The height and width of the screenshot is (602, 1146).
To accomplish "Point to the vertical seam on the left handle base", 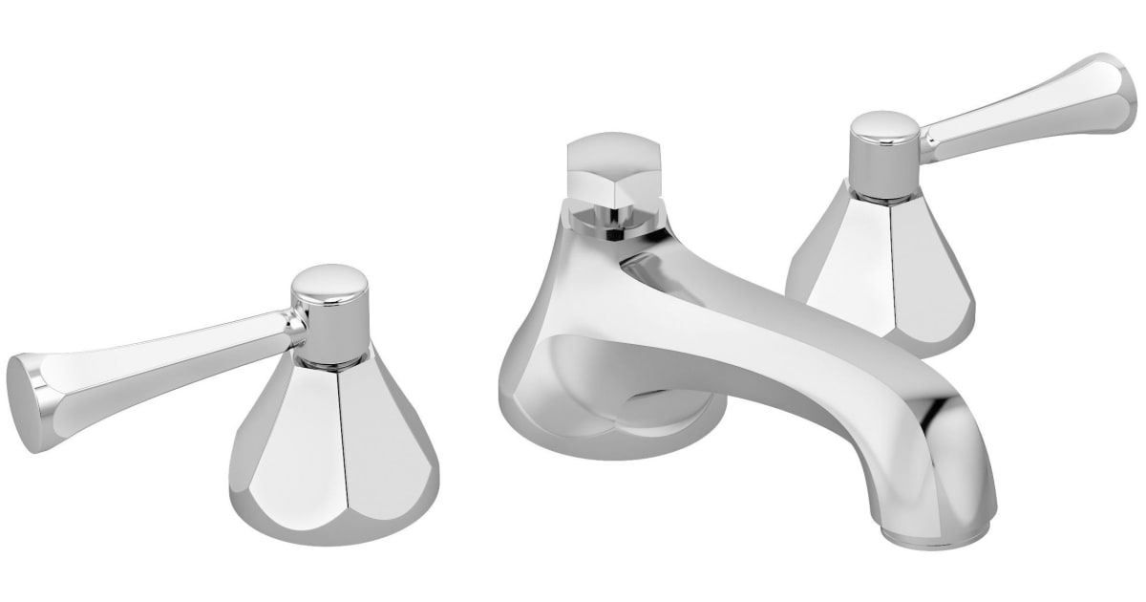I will click(339, 449).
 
